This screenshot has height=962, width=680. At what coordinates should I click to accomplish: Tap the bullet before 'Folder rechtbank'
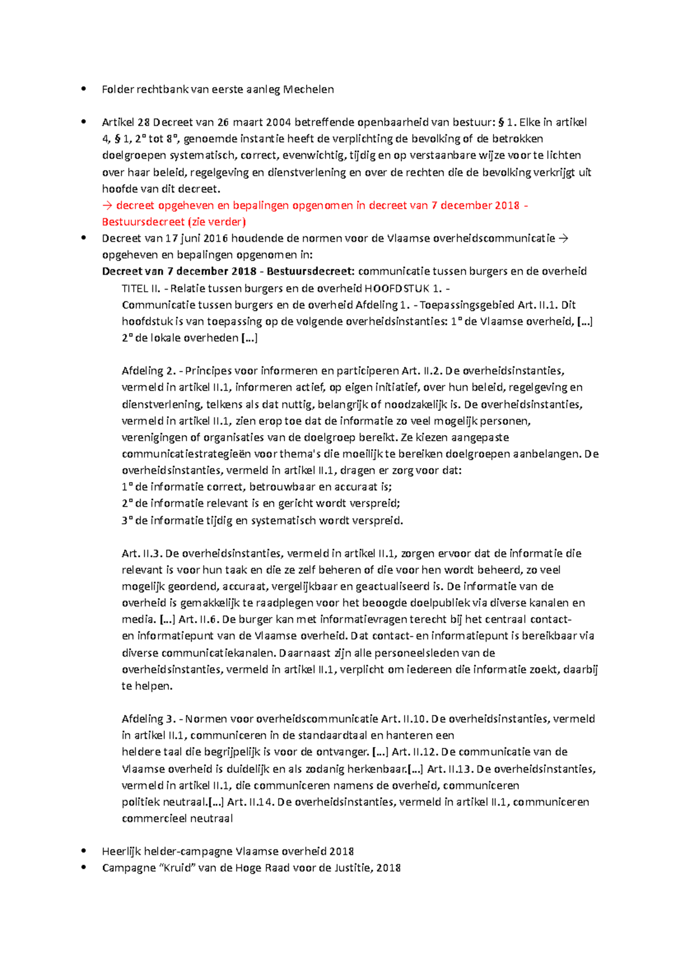(84, 88)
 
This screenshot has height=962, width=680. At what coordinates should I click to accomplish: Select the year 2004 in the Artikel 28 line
(278, 122)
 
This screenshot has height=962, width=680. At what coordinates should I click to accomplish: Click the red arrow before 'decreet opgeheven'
(107, 205)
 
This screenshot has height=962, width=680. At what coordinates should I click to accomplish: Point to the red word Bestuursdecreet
(143, 222)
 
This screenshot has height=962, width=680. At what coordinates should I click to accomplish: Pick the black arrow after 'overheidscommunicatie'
(563, 238)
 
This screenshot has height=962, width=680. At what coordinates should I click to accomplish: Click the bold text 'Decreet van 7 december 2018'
(179, 271)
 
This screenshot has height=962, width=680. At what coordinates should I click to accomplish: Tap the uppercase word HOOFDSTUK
(397, 288)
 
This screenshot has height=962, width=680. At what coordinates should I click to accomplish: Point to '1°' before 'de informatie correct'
(127, 487)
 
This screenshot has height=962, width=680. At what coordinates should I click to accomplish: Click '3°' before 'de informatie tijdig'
(127, 520)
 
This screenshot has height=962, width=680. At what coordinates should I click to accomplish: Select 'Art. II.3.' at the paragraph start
(142, 553)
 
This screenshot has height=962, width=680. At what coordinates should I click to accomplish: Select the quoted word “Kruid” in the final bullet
(178, 867)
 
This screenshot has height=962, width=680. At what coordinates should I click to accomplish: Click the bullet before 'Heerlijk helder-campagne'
(84, 850)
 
